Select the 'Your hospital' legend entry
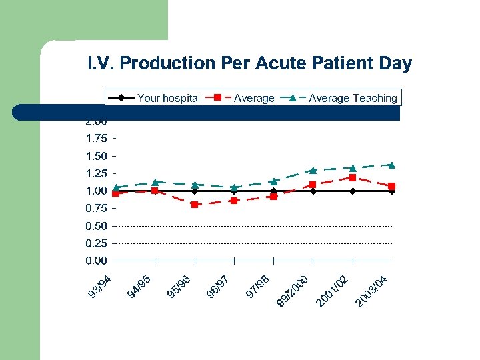click(x=168, y=98)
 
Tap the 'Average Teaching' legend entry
click(x=352, y=98)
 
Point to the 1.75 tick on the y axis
click(x=96, y=139)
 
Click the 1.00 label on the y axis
click(x=96, y=191)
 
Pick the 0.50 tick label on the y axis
click(x=96, y=226)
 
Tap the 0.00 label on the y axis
click(x=96, y=261)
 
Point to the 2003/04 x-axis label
click(x=371, y=292)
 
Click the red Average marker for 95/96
click(x=195, y=205)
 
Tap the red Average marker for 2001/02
click(x=353, y=178)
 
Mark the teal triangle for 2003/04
click(x=392, y=165)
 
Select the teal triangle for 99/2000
click(x=313, y=170)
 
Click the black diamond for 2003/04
click(x=392, y=191)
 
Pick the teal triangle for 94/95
click(x=155, y=182)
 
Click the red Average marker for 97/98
click(x=273, y=197)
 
